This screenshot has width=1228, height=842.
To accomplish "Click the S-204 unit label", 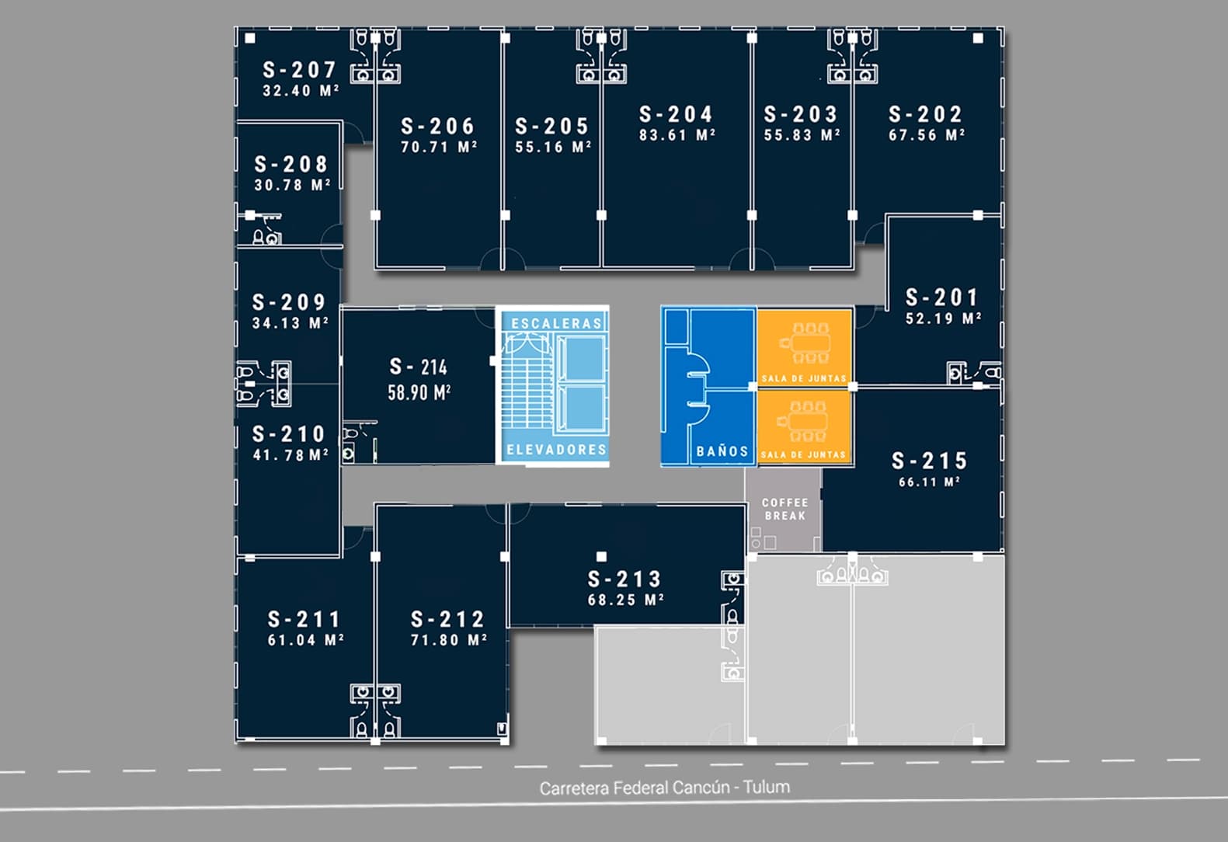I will point(676,115).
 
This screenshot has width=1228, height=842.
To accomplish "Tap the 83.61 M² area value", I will point(677,135).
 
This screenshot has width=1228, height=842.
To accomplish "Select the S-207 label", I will point(299,70).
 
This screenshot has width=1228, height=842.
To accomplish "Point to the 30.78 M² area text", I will point(292,186).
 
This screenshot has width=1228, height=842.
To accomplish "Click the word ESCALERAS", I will point(556,323).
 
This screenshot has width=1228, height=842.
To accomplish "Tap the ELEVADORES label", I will point(556,450).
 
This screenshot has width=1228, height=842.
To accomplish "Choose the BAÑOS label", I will point(722,451).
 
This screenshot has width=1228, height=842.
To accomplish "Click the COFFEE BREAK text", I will point(784,509).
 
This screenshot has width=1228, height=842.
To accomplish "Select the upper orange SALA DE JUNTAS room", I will point(805,346).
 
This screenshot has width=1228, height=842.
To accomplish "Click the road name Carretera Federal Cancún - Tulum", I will point(665,788).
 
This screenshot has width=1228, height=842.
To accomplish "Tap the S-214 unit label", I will point(419,367).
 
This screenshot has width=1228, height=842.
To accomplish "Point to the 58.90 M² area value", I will point(419,392).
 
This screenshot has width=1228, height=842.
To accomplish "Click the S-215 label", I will point(929,461).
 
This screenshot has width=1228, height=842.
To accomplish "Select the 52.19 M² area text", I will point(943,318).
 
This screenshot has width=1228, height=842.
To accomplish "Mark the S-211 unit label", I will point(304,620).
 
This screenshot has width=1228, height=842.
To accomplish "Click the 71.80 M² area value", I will point(448,640).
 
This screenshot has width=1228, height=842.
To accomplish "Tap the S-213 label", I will point(624,579).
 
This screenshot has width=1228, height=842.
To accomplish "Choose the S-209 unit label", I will point(289,302).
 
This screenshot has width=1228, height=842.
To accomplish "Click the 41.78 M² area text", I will point(290,455).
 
